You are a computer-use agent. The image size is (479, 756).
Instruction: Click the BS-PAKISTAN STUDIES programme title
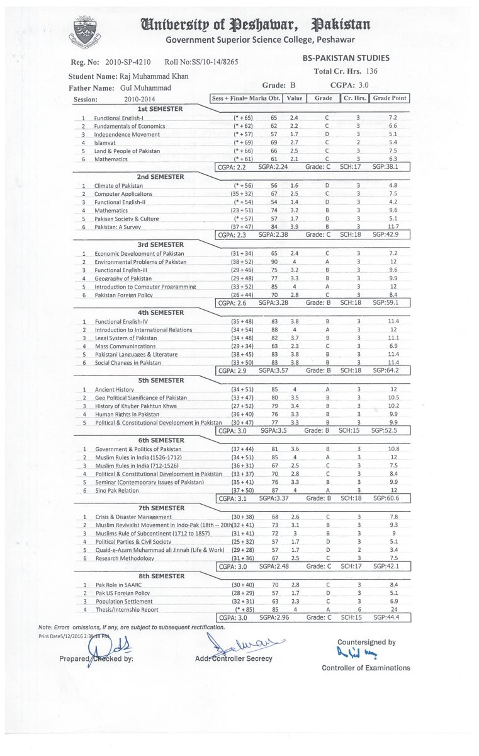(346, 59)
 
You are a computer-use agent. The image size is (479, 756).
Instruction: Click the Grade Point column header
(390, 98)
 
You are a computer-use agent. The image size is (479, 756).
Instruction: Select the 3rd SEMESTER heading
(160, 244)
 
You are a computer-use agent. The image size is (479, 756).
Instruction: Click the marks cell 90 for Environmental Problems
(274, 261)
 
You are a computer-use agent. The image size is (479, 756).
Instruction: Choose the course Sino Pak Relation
(118, 490)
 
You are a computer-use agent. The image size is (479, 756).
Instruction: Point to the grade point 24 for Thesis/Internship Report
(393, 609)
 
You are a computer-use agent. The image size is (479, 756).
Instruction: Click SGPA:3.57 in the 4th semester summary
(273, 371)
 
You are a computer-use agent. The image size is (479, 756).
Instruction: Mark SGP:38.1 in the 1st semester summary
(386, 167)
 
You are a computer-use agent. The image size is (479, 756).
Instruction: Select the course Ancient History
(115, 389)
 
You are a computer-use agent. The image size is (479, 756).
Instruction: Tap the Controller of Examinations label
(366, 668)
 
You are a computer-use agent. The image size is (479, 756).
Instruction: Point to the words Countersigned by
(366, 642)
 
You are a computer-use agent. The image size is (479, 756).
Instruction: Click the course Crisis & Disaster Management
(133, 517)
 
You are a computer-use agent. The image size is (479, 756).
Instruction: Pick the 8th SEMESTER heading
(160, 575)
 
